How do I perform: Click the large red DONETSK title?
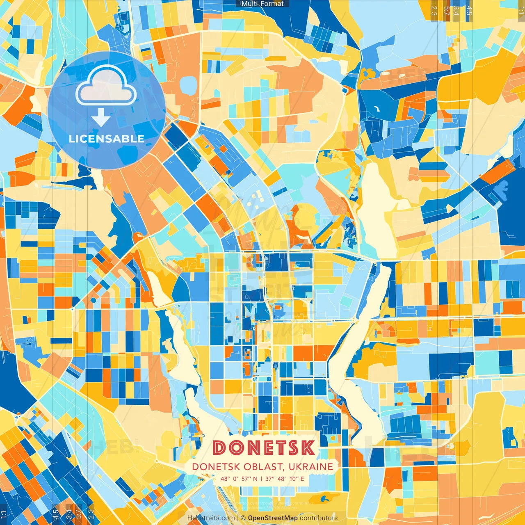(264, 448)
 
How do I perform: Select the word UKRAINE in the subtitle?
(310, 467)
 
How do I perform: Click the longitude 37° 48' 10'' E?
(285, 479)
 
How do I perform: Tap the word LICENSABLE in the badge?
(107, 139)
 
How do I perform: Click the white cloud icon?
(106, 86)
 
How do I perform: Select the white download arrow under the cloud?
(101, 117)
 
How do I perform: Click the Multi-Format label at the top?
(262, 4)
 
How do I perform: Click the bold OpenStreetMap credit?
(272, 518)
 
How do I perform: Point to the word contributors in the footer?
(318, 518)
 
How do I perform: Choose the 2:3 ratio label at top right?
(434, 11)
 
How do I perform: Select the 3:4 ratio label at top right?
(456, 11)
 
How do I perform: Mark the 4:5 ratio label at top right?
(469, 11)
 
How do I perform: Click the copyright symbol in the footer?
(243, 518)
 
